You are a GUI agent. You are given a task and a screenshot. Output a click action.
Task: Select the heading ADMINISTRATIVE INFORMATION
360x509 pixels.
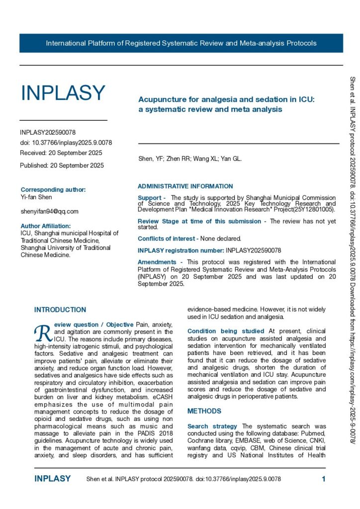pyautogui.click(x=185, y=186)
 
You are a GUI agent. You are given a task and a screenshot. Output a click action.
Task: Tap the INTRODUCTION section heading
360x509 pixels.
pyautogui.click(x=60, y=310)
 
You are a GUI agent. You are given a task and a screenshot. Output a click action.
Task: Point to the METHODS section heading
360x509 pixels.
pyautogui.click(x=204, y=411)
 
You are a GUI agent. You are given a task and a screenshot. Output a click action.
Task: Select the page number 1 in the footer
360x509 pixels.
pyautogui.click(x=323, y=479)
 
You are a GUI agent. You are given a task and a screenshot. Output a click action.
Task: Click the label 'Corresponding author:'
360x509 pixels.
pyautogui.click(x=53, y=189)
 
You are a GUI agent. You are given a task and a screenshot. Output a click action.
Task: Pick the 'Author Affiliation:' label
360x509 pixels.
pyautogui.click(x=49, y=226)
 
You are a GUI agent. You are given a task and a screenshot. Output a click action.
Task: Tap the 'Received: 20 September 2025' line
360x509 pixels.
pyautogui.click(x=61, y=153)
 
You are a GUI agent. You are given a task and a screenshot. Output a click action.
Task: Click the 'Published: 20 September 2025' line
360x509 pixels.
pyautogui.click(x=62, y=166)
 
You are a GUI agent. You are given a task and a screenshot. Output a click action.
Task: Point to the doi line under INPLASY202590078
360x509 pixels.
pyautogui.click(x=66, y=143)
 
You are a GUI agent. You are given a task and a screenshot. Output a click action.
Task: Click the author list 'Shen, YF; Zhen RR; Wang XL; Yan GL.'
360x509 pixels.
pyautogui.click(x=190, y=159)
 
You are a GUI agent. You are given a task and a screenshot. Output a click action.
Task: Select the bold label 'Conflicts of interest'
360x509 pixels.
pyautogui.click(x=166, y=239)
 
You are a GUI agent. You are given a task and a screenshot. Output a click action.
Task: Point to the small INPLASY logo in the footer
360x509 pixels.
pyautogui.click(x=52, y=479)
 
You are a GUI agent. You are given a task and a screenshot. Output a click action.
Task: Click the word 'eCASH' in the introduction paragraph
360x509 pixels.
pyautogui.click(x=163, y=385)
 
